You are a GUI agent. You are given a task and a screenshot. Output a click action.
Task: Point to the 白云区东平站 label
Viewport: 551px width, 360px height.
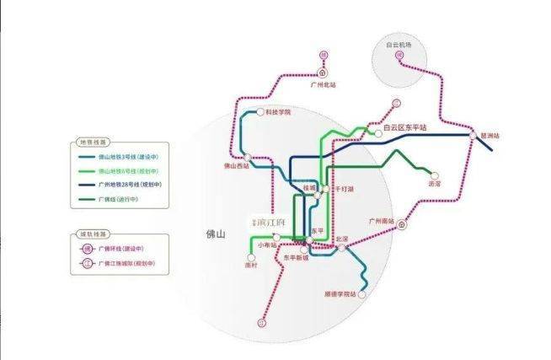point(405,127)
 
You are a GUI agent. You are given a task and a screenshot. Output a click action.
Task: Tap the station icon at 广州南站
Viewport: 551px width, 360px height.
point(402,226)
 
